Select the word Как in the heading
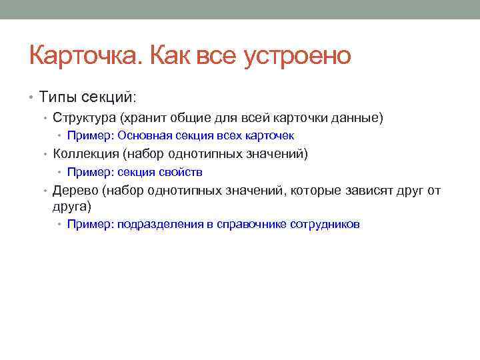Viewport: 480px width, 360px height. click(171, 56)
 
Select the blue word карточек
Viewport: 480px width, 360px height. click(270, 136)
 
